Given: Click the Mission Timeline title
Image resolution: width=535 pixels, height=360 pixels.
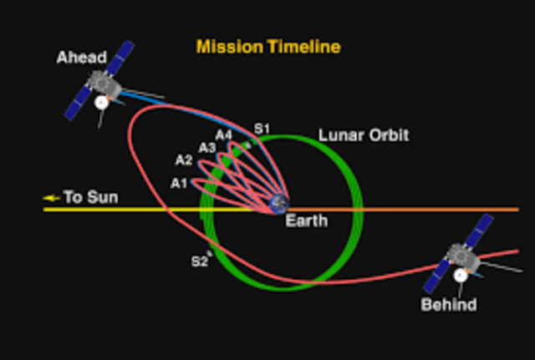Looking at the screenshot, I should pos(268,47).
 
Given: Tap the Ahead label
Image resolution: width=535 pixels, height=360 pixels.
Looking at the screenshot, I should pos(82,58).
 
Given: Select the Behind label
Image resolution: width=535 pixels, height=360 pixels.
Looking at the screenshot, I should pos(449,305).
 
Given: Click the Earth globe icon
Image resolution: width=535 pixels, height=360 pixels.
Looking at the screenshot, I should pos(277,203).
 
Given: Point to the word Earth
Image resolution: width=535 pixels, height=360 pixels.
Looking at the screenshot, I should pos(306,221).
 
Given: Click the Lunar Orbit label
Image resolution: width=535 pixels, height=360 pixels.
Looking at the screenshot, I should pos(363,134).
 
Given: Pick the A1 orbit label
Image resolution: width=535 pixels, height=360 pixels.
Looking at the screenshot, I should pos(179,183).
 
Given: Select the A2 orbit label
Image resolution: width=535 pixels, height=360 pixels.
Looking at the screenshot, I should pos(184,160).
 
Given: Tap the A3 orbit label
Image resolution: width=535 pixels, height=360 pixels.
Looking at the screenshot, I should pos(206,147).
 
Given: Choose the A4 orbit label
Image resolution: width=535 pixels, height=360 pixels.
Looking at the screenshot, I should pos(223,134).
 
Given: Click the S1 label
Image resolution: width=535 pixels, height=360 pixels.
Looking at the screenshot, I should pos(262,128).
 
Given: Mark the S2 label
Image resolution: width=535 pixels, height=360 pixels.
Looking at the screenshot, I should pos(198,261).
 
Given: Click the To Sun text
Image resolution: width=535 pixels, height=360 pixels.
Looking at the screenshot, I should pos(90,198).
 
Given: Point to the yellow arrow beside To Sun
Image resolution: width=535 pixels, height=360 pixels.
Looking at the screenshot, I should pos(53,198).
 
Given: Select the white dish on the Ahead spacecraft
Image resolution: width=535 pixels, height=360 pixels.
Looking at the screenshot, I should pos(102,103).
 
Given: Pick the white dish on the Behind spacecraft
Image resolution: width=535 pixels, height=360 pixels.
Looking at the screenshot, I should pos(459,274).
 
